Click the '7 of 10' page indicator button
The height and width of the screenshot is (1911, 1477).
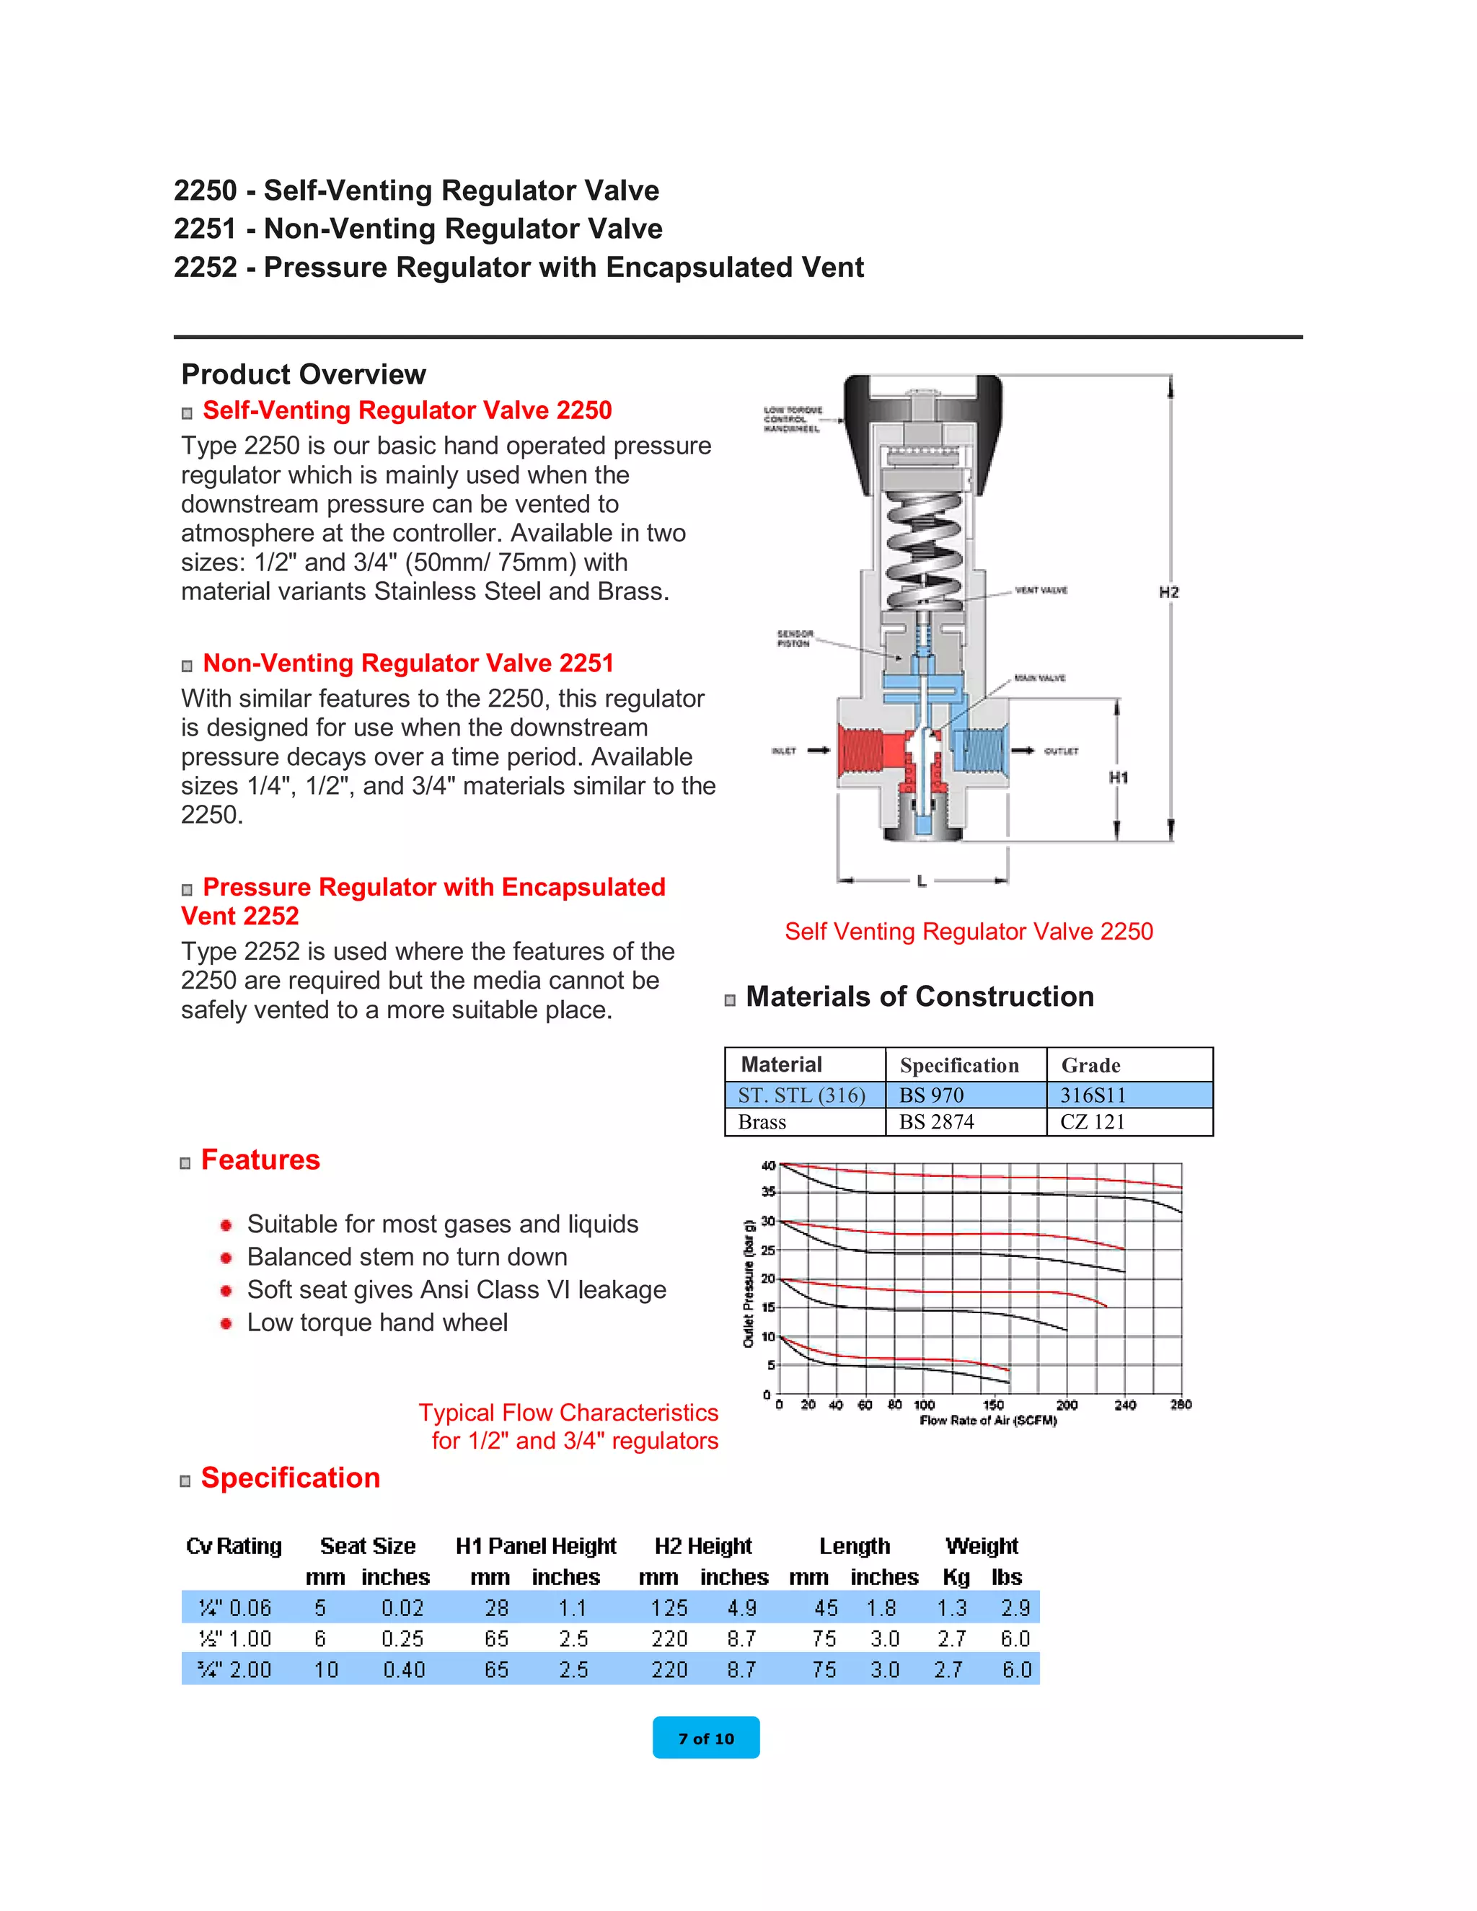pos(705,1738)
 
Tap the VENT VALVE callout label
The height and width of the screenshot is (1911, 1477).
pos(1041,591)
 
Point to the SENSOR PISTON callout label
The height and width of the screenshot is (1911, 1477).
pos(795,638)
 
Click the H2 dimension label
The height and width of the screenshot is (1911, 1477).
pos(1168,592)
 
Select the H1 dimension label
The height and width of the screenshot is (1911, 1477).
pos(1119,777)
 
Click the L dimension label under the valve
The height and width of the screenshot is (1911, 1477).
pos(922,881)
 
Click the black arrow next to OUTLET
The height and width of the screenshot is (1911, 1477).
pos(1022,751)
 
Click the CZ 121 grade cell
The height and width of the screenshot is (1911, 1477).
pos(1092,1122)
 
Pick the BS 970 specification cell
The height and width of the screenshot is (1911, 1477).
pos(932,1095)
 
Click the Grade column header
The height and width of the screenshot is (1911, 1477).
pos(1090,1065)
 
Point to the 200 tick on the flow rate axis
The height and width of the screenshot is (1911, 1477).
pos(1067,1405)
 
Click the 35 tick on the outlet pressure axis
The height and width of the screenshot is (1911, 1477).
pos(768,1192)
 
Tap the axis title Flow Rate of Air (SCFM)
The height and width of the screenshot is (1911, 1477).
pos(988,1421)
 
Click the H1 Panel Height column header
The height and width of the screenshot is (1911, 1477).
pos(536,1546)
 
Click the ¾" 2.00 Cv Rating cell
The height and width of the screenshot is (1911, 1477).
pos(234,1669)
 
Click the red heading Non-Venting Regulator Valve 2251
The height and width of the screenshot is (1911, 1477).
pos(407,663)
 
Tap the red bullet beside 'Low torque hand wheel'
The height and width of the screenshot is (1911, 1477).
pos(226,1323)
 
